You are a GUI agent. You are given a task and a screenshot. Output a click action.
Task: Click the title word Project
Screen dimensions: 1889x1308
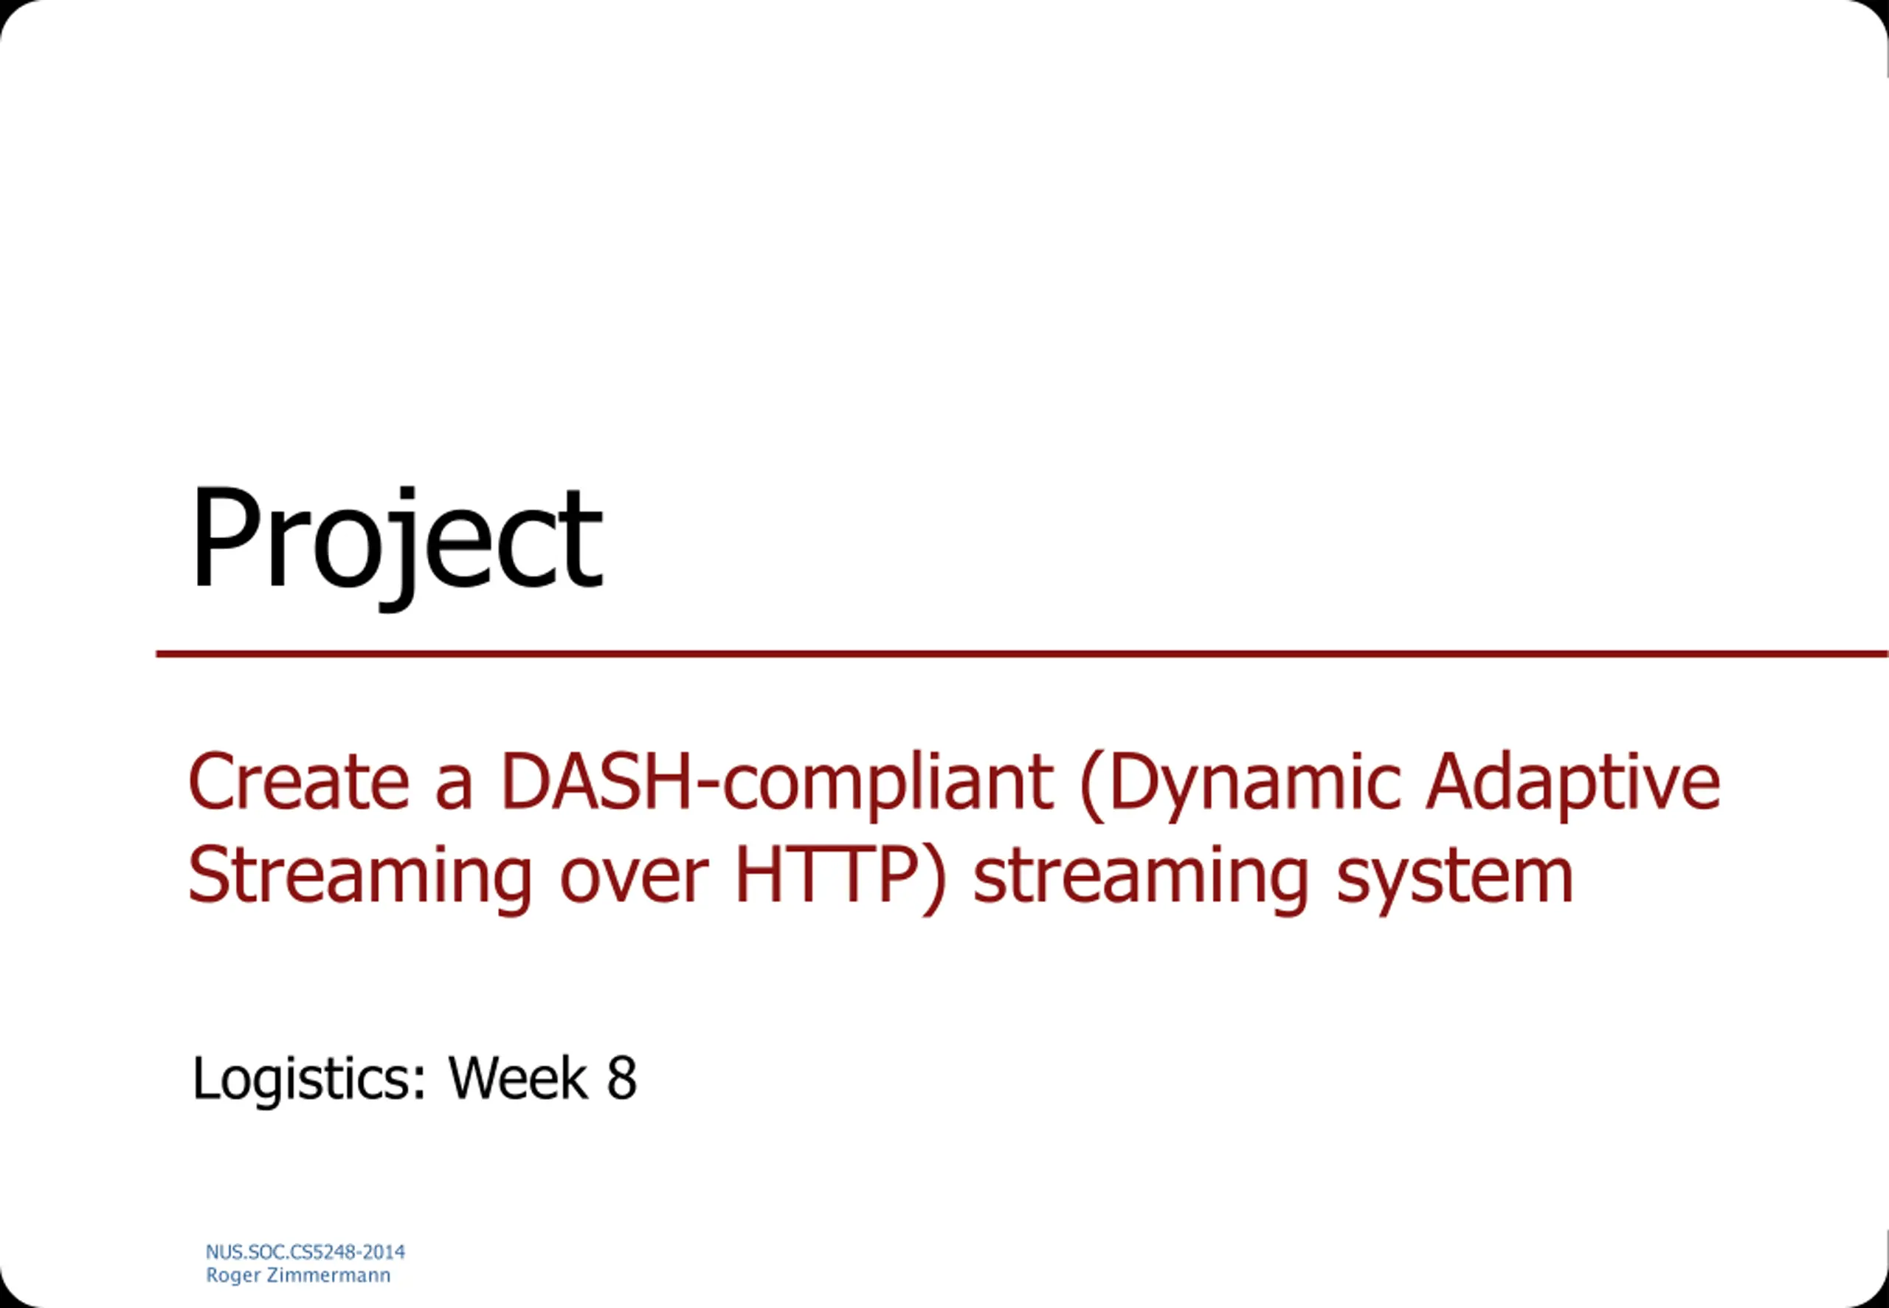click(397, 544)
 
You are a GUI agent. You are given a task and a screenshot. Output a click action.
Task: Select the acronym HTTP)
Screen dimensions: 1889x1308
click(840, 877)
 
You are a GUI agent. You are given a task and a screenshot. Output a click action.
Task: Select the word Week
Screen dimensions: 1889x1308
click(518, 1078)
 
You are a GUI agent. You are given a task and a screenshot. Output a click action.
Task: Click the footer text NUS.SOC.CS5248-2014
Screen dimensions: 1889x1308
click(305, 1251)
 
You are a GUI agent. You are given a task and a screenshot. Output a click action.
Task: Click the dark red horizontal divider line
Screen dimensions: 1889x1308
click(1022, 654)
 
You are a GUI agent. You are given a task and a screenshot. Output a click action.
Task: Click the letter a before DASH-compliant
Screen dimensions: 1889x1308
click(455, 788)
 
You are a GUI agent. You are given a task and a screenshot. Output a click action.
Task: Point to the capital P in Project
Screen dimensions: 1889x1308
click(229, 537)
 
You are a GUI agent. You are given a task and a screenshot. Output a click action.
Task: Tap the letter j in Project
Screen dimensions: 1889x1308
click(402, 549)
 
